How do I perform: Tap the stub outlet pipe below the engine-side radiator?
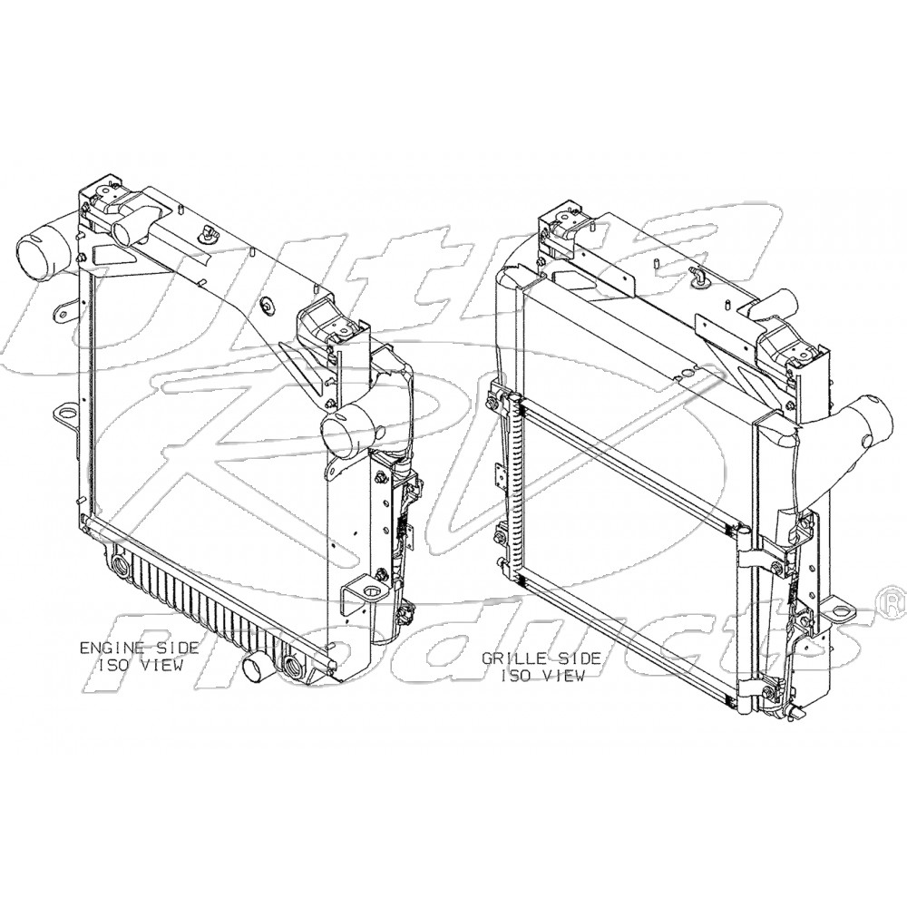coord(258,672)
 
